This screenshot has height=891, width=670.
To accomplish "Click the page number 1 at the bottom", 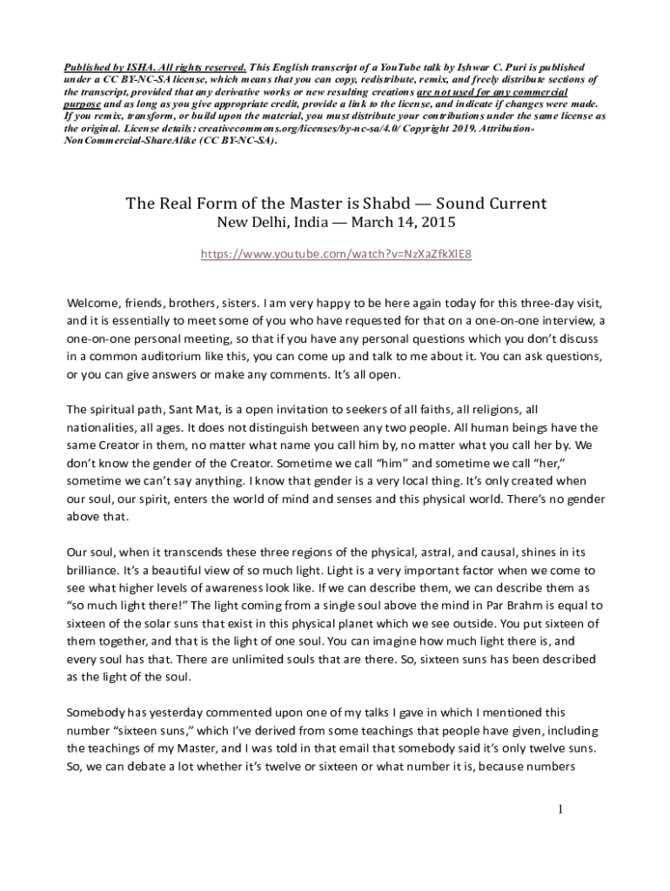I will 562,810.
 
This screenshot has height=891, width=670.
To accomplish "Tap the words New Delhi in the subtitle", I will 246,224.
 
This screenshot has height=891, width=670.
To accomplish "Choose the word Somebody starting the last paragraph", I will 97,712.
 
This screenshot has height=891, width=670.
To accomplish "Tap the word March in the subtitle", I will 375,224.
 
